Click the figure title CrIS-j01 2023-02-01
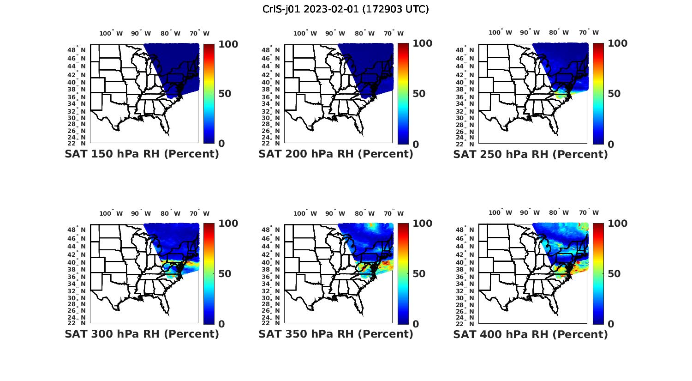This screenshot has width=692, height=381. [346, 9]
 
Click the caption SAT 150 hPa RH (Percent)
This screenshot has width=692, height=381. [142, 154]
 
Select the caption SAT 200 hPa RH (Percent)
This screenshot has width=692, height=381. [336, 154]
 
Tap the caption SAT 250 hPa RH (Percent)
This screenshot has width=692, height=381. [531, 154]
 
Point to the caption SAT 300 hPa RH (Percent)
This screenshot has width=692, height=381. [142, 334]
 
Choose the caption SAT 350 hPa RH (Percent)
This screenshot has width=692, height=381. [336, 334]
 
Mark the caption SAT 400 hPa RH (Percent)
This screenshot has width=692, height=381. [531, 334]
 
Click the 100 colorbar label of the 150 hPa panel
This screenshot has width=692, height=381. [228, 44]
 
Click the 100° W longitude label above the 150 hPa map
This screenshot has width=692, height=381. [111, 33]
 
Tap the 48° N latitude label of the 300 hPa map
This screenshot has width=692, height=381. [80, 230]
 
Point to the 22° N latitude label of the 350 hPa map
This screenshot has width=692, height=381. [274, 323]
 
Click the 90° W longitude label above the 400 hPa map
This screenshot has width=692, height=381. [529, 212]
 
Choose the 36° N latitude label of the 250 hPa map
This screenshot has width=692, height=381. [469, 97]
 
